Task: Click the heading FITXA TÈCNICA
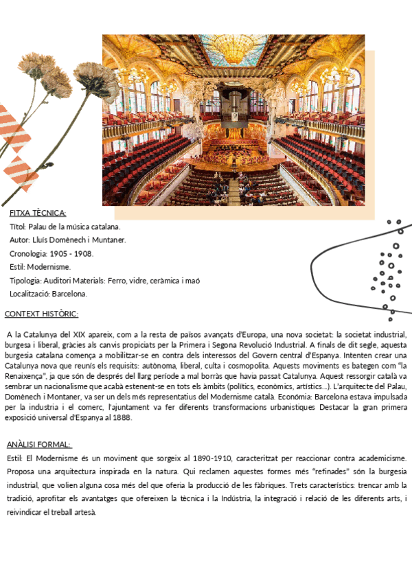click(38, 213)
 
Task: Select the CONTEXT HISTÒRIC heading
click(41, 314)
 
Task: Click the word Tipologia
click(25, 280)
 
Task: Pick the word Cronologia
click(28, 253)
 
